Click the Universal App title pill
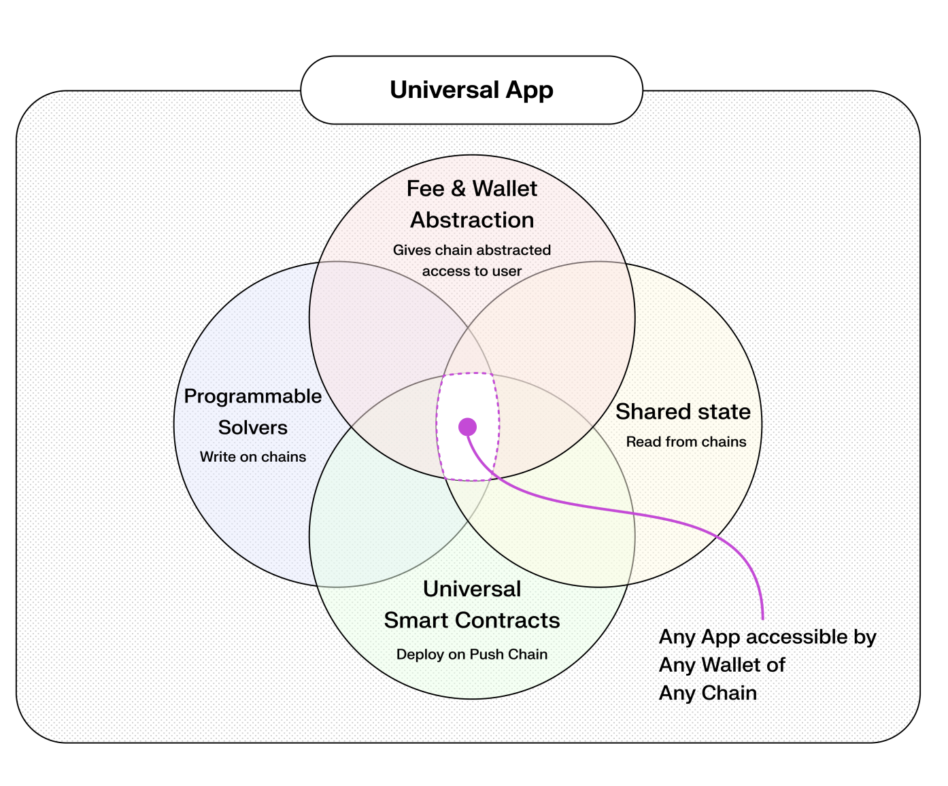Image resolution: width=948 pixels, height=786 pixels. click(x=471, y=90)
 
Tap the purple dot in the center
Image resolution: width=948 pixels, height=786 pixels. click(x=467, y=427)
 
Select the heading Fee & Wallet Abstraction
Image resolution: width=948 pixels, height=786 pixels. click(x=472, y=204)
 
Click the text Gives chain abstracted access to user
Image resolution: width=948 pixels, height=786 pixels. click(x=472, y=260)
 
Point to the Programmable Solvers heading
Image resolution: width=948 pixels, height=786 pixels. click(x=253, y=411)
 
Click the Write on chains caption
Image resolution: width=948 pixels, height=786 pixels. click(x=253, y=457)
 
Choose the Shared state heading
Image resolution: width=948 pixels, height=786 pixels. click(x=683, y=411)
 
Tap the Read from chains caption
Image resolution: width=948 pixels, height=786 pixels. click(x=685, y=442)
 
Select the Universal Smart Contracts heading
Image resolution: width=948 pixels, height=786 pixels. click(x=472, y=604)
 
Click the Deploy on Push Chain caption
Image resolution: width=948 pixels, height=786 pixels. click(x=472, y=654)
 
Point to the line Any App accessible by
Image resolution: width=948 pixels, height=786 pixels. click(x=767, y=637)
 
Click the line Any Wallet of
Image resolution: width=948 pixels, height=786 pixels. click(x=722, y=665)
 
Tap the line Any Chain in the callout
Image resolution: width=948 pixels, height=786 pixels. click(x=707, y=693)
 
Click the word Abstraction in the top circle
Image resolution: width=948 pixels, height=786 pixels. click(x=472, y=220)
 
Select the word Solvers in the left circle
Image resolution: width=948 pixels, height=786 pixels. click(x=253, y=428)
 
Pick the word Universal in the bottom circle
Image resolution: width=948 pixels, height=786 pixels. click(x=472, y=589)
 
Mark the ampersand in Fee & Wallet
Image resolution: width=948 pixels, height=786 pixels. click(x=458, y=188)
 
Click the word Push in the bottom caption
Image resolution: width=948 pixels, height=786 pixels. click(x=487, y=654)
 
